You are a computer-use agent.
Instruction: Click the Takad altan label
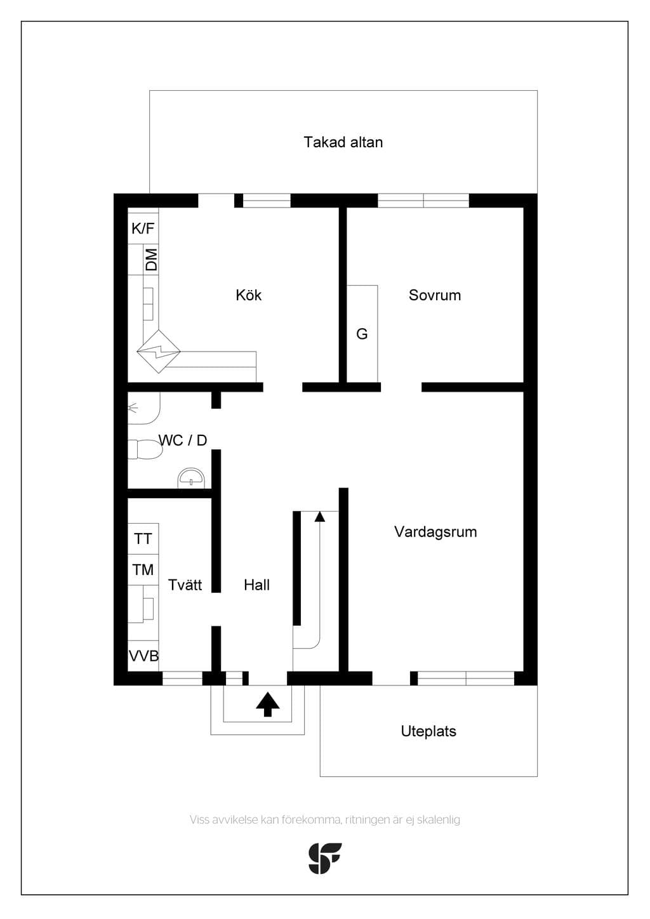point(343,142)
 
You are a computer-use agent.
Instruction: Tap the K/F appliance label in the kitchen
point(143,228)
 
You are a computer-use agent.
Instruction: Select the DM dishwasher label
point(152,260)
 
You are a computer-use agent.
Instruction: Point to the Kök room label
point(248,295)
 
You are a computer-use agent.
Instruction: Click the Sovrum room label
point(435,295)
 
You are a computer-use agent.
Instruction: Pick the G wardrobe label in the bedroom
point(362,334)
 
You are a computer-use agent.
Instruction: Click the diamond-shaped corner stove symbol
point(159,352)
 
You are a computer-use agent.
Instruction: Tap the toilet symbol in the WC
point(145,449)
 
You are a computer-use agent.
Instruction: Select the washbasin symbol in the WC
point(191,478)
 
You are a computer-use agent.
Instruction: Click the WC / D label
point(183,440)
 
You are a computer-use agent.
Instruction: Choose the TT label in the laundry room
point(143,539)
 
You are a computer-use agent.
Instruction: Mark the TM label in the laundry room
point(143,569)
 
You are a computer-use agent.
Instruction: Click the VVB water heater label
point(143,656)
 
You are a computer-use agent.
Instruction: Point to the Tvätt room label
point(185,585)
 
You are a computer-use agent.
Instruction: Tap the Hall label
point(256,585)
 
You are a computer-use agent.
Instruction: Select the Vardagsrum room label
point(435,532)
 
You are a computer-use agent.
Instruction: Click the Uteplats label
point(428,731)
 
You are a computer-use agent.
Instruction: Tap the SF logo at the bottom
point(325,858)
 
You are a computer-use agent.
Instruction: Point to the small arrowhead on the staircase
point(320,517)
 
